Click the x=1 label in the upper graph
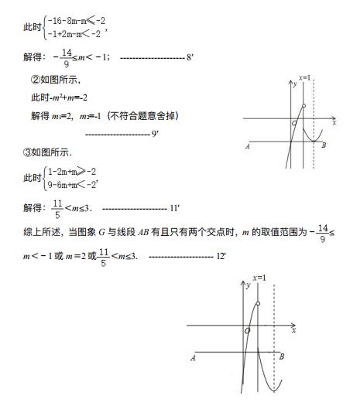pos(304,77)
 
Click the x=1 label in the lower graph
pos(259,277)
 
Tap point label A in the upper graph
pos(247,146)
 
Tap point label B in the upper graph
pos(324,146)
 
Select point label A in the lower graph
pos(193,357)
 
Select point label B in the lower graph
pos(281,357)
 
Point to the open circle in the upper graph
pos(303,106)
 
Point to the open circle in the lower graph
pos(257,303)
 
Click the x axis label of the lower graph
pos(293,331)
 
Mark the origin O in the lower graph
pos(247,331)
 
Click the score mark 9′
pos(155,134)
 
